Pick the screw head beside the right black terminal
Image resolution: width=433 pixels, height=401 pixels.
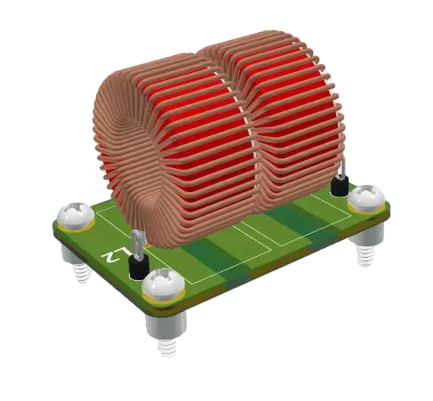pos(365,198)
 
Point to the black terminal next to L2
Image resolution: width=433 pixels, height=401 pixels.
pos(138,266)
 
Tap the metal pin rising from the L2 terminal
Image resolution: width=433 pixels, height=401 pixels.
pos(136,243)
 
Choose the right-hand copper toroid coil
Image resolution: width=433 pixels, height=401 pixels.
pos(285,124)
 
